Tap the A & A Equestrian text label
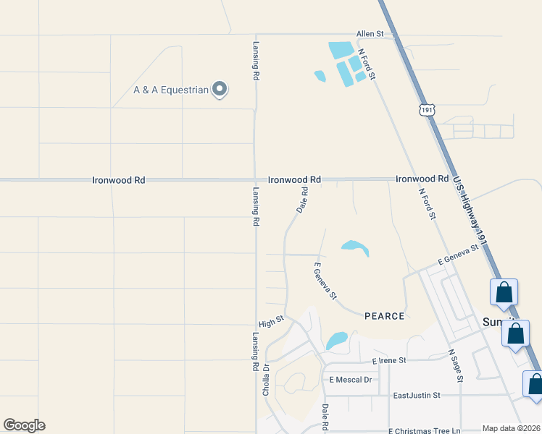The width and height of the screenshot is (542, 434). tap(171, 90)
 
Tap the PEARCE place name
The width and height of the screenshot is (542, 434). tap(384, 316)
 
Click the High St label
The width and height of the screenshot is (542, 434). tap(271, 322)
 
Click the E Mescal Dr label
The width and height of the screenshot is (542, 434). tap(350, 380)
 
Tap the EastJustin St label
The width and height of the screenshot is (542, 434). tap(417, 396)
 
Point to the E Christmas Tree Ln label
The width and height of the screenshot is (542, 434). tap(424, 430)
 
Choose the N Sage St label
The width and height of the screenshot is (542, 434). tap(456, 362)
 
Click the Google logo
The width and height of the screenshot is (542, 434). tap(24, 425)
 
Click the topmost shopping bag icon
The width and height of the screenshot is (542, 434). tap(504, 293)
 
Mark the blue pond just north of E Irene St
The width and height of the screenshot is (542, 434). tap(336, 339)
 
